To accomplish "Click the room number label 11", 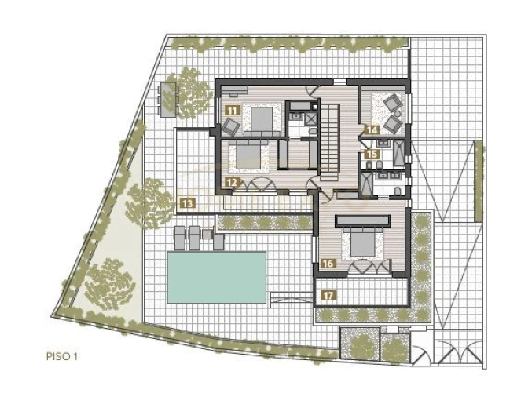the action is (233, 111).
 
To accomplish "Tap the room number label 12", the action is (233, 183).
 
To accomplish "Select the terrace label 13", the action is (188, 203).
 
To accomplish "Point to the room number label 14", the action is (372, 130).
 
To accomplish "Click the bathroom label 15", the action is (372, 154).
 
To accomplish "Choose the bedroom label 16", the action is (328, 263).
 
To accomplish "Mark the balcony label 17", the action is (328, 295).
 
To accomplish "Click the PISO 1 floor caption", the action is (62, 356).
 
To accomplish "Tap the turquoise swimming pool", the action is (216, 277).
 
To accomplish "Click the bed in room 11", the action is (261, 121).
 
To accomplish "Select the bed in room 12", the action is (248, 155).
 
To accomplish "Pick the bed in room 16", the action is (362, 243).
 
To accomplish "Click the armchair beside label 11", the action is (231, 126).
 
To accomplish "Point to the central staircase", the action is (330, 143).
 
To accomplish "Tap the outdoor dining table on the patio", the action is (168, 99).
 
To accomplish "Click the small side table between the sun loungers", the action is (207, 234).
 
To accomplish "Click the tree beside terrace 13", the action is (150, 202).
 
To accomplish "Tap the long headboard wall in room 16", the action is (363, 220).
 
